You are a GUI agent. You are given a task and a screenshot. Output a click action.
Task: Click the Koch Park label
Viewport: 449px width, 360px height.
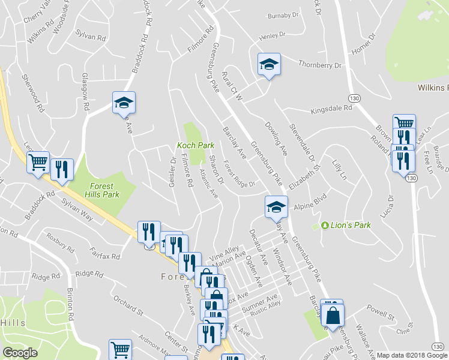tap(195, 145)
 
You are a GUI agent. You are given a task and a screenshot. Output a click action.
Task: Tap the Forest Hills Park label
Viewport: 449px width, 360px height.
tap(105, 190)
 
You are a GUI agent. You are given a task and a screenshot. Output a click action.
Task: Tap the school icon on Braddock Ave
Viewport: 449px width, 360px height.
tap(124, 103)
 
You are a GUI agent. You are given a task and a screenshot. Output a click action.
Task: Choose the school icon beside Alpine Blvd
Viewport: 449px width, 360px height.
tap(276, 208)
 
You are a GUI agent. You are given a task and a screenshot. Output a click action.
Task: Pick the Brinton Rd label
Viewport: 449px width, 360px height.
tap(70, 304)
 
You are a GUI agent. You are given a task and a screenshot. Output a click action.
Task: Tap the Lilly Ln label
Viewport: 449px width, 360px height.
tap(340, 170)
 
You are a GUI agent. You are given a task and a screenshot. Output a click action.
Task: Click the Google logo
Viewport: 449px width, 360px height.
tap(20, 353)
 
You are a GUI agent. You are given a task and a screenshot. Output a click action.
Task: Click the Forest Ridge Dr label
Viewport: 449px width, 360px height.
tap(239, 173)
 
